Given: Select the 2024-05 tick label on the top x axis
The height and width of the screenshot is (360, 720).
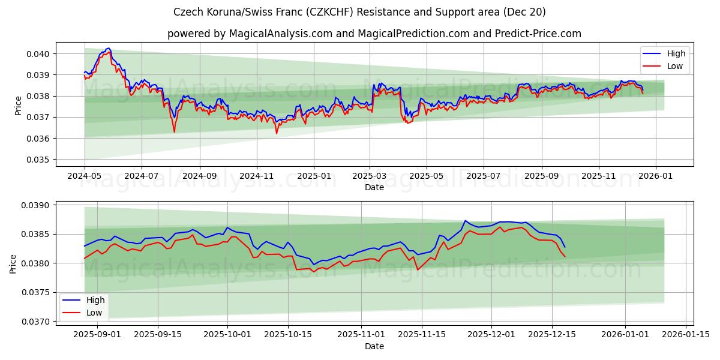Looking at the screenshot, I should (x=85, y=176).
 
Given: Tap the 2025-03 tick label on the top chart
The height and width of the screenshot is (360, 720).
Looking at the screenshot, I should (x=370, y=176).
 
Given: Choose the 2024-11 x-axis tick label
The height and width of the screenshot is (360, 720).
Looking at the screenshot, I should (x=257, y=176).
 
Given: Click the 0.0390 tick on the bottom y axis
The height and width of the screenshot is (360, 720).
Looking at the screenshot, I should (x=37, y=205).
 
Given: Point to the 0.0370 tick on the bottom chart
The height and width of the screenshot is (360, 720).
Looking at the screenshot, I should (x=37, y=322).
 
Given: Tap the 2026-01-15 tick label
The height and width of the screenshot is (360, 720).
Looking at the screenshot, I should (x=686, y=335).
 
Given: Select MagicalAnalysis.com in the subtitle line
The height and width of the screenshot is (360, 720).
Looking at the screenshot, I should (x=281, y=34).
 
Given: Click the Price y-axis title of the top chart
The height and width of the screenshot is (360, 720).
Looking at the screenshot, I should (x=18, y=106).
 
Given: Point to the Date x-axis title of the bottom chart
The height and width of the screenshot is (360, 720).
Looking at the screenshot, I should (x=374, y=346).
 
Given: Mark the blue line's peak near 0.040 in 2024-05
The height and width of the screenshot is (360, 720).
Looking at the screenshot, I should (x=108, y=48).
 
